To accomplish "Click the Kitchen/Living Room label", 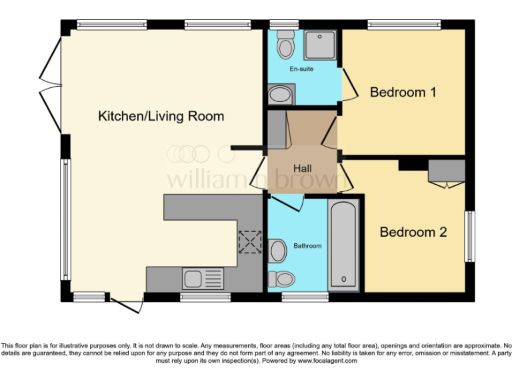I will tap(161, 116).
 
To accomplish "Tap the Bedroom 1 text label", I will tap(403, 92).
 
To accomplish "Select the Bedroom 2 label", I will tap(413, 232).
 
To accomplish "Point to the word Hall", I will tap(302, 169).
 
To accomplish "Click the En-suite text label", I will tap(301, 69).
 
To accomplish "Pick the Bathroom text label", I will tap(307, 246).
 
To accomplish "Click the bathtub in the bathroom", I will tap(344, 245).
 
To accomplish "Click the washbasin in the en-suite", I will tap(279, 95).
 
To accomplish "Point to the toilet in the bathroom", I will tap(282, 279).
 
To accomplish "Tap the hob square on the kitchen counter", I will tap(251, 243).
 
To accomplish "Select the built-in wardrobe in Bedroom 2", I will tap(446, 171).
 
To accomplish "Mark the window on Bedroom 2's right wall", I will tap(470, 237).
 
